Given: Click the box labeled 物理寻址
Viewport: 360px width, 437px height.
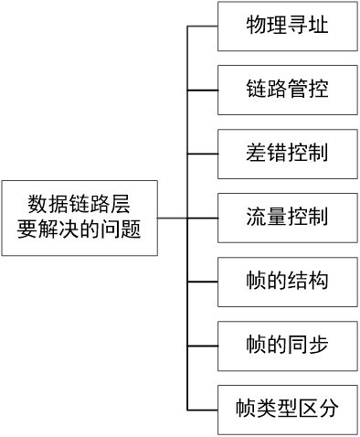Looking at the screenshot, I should [x=287, y=27].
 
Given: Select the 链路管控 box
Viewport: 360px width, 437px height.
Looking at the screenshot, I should [x=287, y=91].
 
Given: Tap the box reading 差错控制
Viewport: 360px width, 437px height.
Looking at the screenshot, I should [x=287, y=154].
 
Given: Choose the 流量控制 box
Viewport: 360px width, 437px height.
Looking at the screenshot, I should [x=287, y=218].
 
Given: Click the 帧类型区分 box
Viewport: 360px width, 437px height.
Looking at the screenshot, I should [x=287, y=408].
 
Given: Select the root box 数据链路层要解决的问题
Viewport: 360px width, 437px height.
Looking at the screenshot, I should [x=79, y=218].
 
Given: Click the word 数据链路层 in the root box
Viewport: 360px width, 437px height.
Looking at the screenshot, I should [x=79, y=204].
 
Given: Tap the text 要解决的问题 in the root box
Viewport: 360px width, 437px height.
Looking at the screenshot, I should [x=79, y=230].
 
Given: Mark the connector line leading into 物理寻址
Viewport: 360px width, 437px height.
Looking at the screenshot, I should [x=203, y=27].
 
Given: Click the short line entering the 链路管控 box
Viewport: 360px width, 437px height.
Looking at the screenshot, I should [x=203, y=91].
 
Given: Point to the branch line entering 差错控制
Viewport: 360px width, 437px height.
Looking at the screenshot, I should [x=203, y=154].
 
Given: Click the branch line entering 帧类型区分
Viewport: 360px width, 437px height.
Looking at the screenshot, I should [x=203, y=408].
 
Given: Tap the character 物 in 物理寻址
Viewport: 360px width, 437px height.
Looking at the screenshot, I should [x=256, y=27].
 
